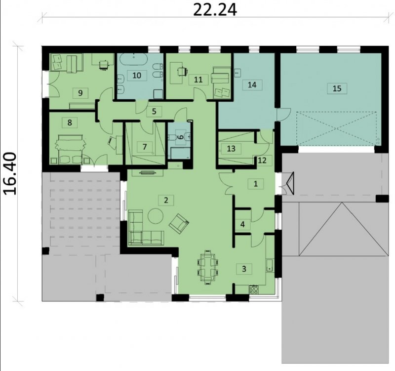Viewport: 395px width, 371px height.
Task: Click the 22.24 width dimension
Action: pos(215,10)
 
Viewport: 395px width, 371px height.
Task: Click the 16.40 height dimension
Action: pos(10,173)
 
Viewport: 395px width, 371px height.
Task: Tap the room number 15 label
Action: pos(337,88)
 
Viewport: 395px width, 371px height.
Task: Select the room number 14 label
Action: pos(252,84)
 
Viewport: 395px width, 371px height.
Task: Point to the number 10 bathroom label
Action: pos(137,75)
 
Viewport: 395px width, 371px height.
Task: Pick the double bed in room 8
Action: pos(70,149)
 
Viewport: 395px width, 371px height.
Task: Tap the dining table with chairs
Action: pos(207,267)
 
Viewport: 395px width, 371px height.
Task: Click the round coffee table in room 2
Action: pos(156,216)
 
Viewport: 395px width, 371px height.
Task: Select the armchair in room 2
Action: pos(179,224)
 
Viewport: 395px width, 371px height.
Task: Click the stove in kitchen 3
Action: pos(254,289)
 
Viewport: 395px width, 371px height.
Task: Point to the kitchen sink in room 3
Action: pos(269,265)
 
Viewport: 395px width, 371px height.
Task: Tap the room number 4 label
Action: pos(242,224)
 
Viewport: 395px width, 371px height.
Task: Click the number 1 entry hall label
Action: pos(256,184)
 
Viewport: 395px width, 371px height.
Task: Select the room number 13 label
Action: pos(231,149)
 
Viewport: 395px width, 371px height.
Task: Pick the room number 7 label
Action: pos(144,147)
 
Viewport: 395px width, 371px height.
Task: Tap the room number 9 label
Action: pos(80,93)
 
